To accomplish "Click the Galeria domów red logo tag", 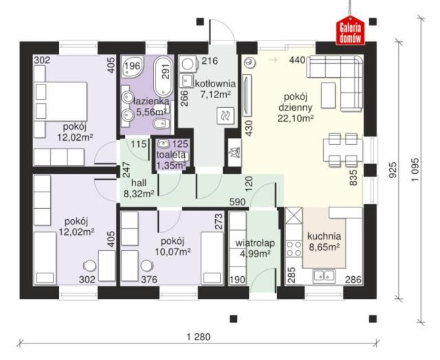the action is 350,31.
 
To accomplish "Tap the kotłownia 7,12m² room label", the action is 215,89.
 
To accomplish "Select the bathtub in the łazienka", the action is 164,76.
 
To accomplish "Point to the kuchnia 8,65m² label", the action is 324,241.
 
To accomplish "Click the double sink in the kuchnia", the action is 324,275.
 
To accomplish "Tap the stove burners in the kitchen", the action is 294,249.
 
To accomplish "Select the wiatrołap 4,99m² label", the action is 255,248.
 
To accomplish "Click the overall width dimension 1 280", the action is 199,337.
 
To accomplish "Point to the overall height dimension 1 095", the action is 415,170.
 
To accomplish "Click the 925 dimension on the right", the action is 393,170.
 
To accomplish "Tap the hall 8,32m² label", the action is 139,188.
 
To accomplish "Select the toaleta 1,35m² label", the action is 171,160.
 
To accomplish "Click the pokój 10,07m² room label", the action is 173,247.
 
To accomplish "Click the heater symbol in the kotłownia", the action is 225,115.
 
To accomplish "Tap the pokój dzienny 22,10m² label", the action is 296,107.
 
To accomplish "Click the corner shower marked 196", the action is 133,67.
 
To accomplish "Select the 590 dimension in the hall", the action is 237,202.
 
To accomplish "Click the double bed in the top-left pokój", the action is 60,102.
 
